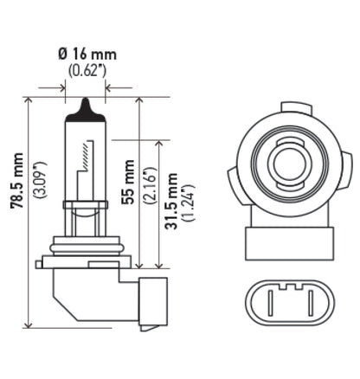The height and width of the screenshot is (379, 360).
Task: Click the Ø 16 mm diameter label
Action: [x=87, y=54]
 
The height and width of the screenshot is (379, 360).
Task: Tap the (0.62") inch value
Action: [x=87, y=69]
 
